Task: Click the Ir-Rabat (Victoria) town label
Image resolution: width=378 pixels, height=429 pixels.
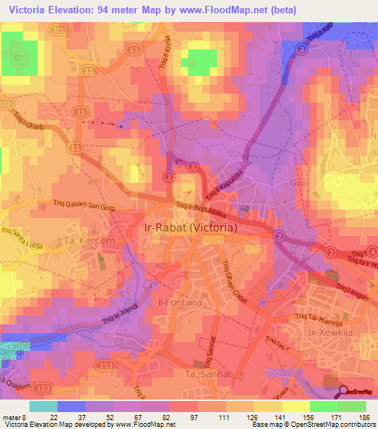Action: pos(188,229)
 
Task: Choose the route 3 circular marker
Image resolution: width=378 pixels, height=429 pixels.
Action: pos(301,49)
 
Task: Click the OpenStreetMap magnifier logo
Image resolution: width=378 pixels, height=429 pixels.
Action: pos(344,391)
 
